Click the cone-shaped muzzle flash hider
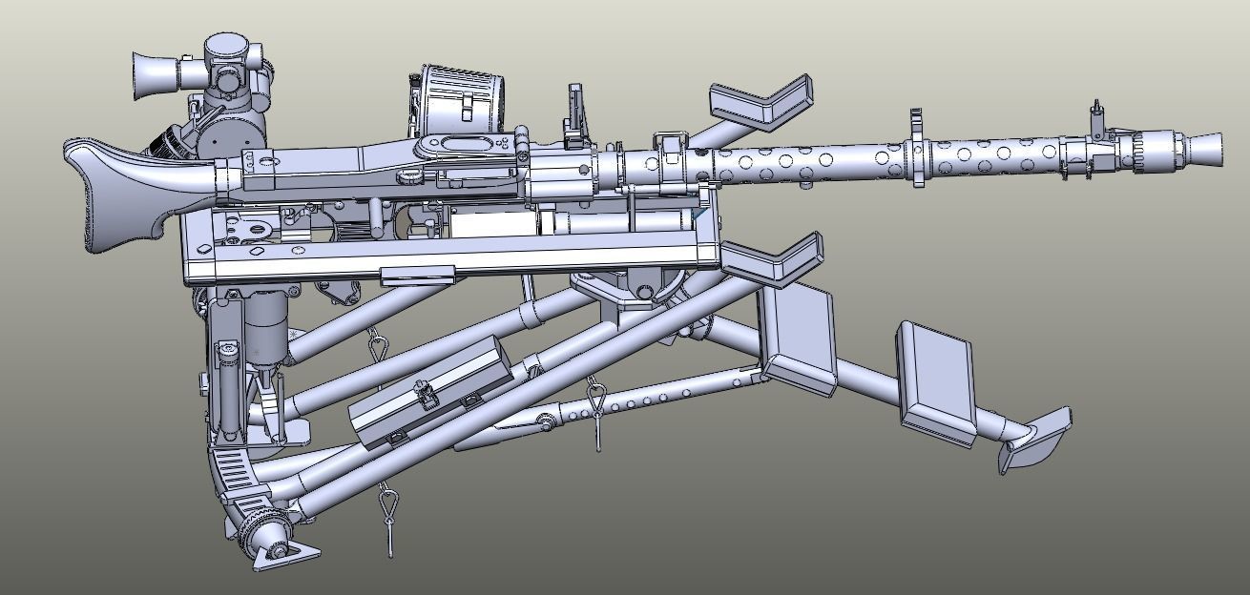tap(1204, 148)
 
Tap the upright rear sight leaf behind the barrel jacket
tap(575, 113)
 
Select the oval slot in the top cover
tap(465, 146)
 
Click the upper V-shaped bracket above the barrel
tap(763, 103)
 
